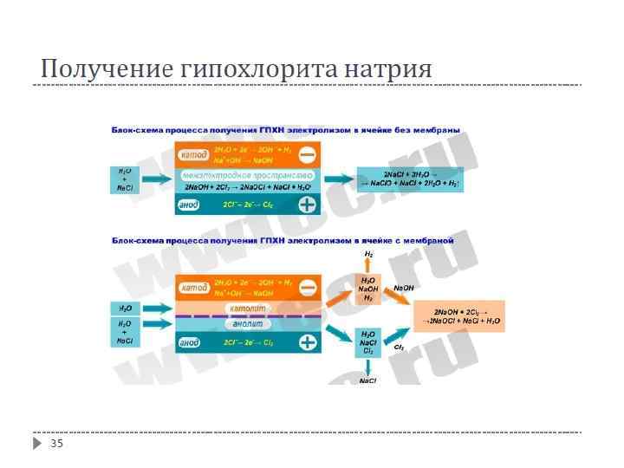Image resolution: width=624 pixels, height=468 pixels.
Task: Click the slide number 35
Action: (x=57, y=444)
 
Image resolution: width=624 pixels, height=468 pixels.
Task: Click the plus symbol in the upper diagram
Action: (x=307, y=205)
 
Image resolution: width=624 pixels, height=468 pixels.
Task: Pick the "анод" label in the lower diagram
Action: (x=189, y=343)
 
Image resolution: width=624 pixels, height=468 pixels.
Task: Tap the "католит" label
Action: (x=249, y=309)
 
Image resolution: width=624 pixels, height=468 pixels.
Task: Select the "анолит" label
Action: (x=249, y=324)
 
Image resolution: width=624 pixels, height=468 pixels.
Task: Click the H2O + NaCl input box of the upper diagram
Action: (x=125, y=179)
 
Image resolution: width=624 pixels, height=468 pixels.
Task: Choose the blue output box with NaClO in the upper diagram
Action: (x=411, y=179)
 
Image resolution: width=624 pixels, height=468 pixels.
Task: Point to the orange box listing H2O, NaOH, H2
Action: (x=368, y=289)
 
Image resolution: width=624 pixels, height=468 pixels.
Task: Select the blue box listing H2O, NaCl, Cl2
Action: (x=368, y=342)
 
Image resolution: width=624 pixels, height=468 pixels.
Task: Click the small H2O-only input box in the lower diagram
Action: (x=125, y=309)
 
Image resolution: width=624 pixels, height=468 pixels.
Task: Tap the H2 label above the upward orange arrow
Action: (x=368, y=254)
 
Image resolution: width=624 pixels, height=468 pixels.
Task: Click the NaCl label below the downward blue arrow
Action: (x=368, y=380)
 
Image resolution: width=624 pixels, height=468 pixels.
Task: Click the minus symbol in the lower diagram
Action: (x=307, y=288)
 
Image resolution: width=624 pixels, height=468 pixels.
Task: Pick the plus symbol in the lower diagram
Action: (x=307, y=342)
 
